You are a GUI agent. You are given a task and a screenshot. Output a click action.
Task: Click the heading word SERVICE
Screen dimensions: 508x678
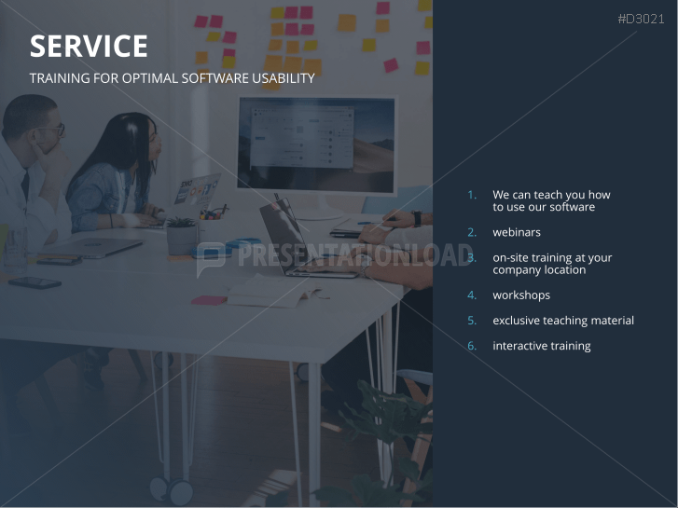(89, 47)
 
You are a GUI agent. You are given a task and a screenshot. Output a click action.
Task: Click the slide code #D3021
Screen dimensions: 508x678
(642, 19)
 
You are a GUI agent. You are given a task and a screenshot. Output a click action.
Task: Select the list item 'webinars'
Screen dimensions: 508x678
(517, 232)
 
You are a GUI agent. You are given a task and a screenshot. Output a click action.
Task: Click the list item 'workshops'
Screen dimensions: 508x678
(521, 295)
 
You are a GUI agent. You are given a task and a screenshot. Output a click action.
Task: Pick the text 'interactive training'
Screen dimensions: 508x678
(542, 346)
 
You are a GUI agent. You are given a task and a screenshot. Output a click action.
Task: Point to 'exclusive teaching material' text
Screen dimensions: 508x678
(563, 321)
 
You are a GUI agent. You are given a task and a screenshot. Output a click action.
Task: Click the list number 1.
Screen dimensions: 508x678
(472, 195)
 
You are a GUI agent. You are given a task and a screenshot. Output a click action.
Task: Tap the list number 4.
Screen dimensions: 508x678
(472, 295)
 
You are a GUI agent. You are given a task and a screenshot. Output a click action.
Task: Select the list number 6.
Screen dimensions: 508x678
(472, 346)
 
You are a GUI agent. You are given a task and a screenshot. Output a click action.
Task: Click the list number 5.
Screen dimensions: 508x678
(472, 321)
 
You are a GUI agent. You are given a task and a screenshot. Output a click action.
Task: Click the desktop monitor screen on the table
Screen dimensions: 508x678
(316, 145)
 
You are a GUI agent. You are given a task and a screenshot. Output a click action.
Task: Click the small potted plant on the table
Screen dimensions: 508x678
(182, 235)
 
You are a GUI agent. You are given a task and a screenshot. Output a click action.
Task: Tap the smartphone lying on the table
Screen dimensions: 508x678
(34, 281)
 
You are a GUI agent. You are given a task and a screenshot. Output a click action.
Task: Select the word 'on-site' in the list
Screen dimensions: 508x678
(512, 257)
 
